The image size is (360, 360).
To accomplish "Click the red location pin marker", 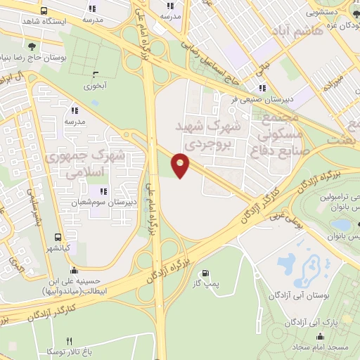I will (181, 165).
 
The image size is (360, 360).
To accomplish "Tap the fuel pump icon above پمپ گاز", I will (205, 274).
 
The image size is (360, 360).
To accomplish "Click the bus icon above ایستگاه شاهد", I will (44, 11).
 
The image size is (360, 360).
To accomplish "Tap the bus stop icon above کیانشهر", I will (58, 237).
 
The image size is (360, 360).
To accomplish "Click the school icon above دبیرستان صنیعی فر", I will (262, 89).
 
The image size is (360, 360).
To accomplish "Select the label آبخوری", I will (94, 86).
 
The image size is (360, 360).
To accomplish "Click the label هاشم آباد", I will (321, 30).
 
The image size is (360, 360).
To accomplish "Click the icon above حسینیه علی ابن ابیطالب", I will (74, 270).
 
